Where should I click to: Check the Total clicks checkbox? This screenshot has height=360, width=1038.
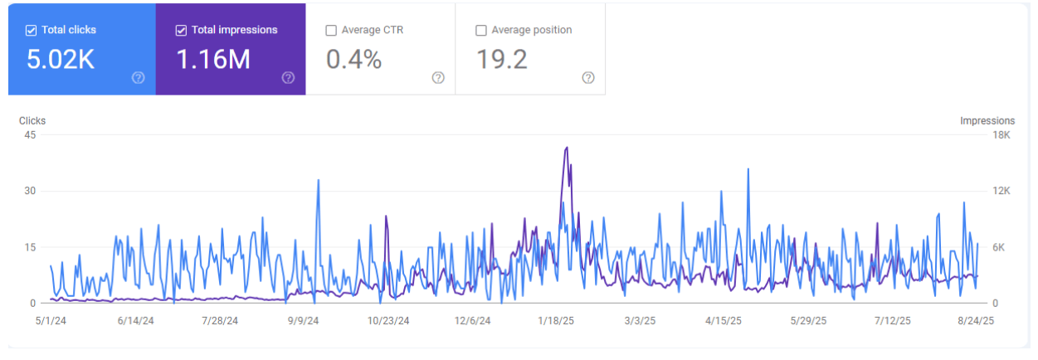click(x=31, y=31)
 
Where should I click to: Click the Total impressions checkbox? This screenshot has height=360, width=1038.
click(x=181, y=31)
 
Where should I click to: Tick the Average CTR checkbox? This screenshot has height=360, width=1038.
click(x=332, y=31)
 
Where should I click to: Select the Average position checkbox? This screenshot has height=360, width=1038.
click(x=481, y=31)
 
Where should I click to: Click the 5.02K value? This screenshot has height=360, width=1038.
click(x=61, y=60)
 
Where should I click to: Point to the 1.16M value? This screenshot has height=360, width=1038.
click(x=213, y=60)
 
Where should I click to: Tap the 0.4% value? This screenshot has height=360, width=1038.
click(x=354, y=60)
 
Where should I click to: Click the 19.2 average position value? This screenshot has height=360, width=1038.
click(x=501, y=60)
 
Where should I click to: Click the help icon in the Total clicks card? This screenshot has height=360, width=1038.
click(x=139, y=78)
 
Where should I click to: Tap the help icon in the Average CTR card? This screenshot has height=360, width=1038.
click(x=438, y=78)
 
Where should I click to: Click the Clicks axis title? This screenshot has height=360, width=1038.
click(x=32, y=121)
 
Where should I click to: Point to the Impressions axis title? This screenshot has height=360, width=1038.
click(x=987, y=121)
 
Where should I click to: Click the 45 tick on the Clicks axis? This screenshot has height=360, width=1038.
click(x=31, y=135)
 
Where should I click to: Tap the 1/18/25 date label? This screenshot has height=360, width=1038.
click(x=554, y=320)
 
